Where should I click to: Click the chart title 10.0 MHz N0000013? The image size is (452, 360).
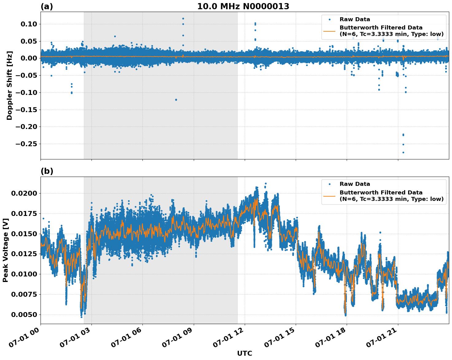pyautogui.click(x=243, y=6)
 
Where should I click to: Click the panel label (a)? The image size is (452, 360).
pyautogui.click(x=47, y=6)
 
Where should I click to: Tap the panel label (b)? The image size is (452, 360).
pyautogui.click(x=47, y=171)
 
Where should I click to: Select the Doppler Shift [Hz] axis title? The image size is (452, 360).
pyautogui.click(x=10, y=85)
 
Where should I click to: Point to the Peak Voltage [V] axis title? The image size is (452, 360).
pyautogui.click(x=6, y=250)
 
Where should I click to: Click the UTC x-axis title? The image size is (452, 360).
pyautogui.click(x=244, y=353)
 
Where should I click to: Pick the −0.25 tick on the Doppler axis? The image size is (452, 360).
pyautogui.click(x=28, y=144)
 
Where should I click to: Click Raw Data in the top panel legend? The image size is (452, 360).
pyautogui.click(x=355, y=19)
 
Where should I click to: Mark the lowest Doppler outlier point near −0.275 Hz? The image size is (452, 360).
pyautogui.click(x=403, y=152)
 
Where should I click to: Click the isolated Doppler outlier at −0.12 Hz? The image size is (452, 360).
pyautogui.click(x=176, y=100)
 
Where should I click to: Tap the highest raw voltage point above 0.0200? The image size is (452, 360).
pyautogui.click(x=266, y=184)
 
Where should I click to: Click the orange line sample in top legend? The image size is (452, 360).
pyautogui.click(x=329, y=31)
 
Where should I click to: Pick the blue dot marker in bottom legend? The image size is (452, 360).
pyautogui.click(x=329, y=184)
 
